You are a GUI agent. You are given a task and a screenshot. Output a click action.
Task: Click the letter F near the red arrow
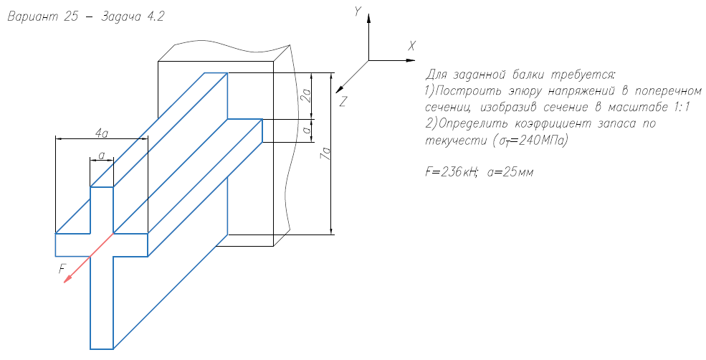click(62, 268)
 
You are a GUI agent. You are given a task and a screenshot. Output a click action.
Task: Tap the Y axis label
click(357, 10)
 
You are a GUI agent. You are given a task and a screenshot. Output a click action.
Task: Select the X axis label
click(411, 46)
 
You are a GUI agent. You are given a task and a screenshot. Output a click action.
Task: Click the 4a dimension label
click(101, 133)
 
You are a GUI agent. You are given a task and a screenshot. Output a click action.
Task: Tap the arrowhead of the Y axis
click(368, 22)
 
